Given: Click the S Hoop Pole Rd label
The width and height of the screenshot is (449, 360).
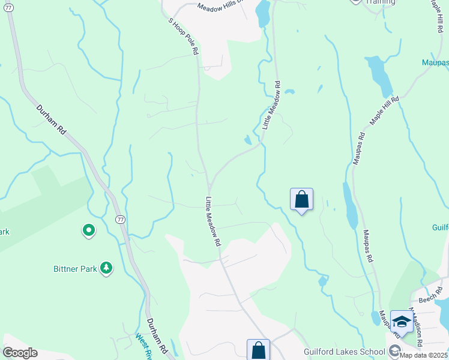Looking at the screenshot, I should pyautogui.click(x=183, y=37).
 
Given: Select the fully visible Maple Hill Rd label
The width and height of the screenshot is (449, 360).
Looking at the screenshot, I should pyautogui.click(x=384, y=110).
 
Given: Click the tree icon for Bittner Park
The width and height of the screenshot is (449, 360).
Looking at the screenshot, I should pyautogui.click(x=106, y=268).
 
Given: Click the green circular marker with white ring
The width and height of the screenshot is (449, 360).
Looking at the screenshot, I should pyautogui.click(x=88, y=230).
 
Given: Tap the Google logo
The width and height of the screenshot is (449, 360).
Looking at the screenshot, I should pyautogui.click(x=20, y=353).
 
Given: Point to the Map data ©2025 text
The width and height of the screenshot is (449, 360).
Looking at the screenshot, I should pyautogui.click(x=423, y=355).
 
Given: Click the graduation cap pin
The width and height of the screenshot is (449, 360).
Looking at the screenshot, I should pyautogui.click(x=401, y=322).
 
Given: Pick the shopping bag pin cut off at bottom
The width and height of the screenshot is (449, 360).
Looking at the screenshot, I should pyautogui.click(x=258, y=349).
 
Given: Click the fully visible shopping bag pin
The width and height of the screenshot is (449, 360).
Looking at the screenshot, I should pyautogui.click(x=301, y=200).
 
